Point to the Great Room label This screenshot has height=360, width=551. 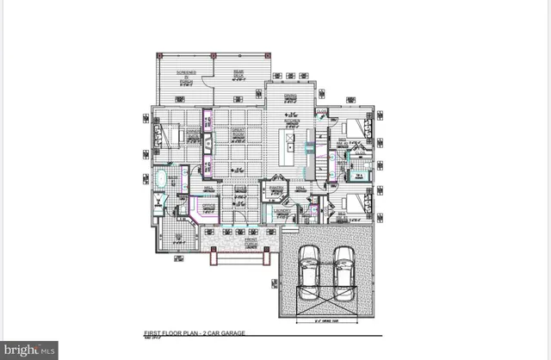click(238, 135)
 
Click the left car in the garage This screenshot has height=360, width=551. click(307, 270)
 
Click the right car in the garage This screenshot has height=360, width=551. click(344, 270)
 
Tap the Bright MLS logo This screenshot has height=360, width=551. click(29, 350)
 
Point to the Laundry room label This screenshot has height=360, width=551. click(279, 210)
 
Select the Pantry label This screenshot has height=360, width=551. click(277, 187)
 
